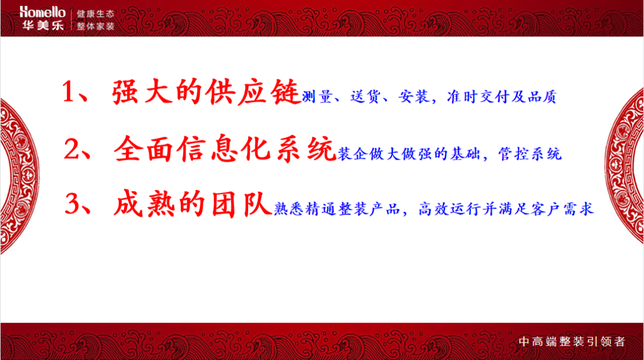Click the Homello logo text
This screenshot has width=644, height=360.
(41, 12)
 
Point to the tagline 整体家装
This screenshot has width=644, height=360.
(95, 27)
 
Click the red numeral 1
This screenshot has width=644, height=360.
(70, 93)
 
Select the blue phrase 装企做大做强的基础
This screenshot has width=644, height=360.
(406, 154)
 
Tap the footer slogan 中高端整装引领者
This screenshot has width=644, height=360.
(571, 342)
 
